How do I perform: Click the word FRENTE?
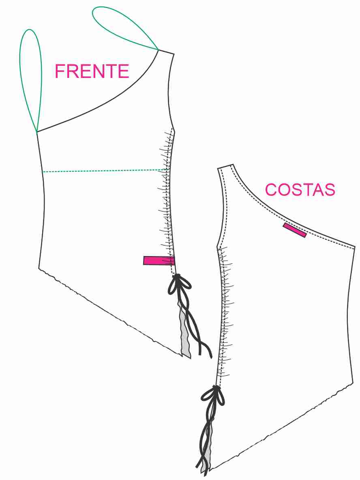[92, 71]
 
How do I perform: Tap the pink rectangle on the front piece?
[159, 260]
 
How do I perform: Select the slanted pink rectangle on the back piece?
[295, 230]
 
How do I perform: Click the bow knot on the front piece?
[179, 285]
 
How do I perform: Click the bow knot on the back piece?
[213, 396]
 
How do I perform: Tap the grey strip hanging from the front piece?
[185, 331]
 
